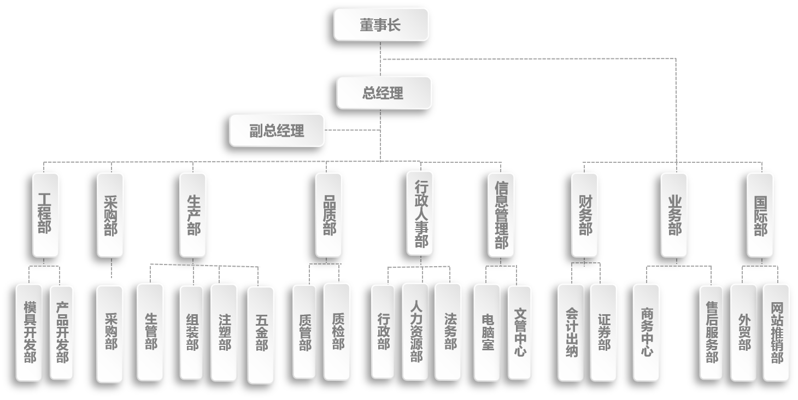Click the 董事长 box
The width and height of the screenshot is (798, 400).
coord(381,24)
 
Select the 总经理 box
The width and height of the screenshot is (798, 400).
coord(384,92)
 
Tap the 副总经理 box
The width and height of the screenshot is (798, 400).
coord(277,130)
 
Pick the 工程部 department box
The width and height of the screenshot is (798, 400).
coord(45,215)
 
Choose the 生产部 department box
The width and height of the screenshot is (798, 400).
coord(193,215)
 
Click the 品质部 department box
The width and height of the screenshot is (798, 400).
coord(328,215)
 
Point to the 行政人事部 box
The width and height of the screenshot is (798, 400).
coord(420,213)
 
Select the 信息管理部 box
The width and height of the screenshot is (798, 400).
coord(501,215)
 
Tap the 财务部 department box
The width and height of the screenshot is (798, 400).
coord(584,215)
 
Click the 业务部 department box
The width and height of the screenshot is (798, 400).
coord(674,215)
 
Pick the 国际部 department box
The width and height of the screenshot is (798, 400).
coord(760,215)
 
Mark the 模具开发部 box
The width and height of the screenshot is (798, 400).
coord(29,332)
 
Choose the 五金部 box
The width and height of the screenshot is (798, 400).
coord(261,334)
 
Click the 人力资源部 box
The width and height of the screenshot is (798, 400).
coord(415,331)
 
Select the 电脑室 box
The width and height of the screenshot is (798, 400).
coord(487,332)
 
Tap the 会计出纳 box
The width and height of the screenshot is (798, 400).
coord(571,332)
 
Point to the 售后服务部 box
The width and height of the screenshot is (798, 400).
coord(711,332)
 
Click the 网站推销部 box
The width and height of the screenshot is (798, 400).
coord(776,332)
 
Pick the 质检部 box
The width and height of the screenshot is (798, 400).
coord(337,331)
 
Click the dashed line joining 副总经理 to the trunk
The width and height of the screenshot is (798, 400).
coord(353,130)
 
